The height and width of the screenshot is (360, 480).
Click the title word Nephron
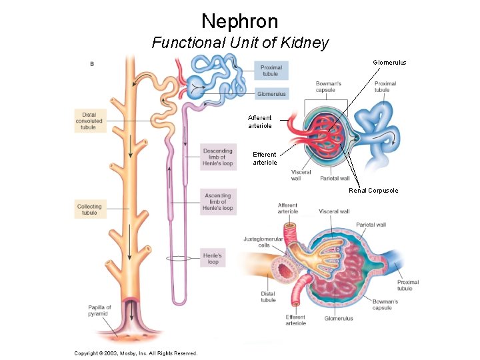(x=239, y=21)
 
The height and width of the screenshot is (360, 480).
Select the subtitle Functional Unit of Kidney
(x=240, y=43)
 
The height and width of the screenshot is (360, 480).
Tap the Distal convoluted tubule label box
(x=89, y=121)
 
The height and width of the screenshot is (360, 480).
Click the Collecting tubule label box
(x=89, y=209)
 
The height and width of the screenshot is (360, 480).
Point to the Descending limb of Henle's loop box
(x=217, y=156)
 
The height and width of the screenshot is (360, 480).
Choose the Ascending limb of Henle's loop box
(x=217, y=202)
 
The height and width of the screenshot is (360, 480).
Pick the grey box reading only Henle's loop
(x=213, y=258)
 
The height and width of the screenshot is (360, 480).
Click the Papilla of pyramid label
(x=99, y=310)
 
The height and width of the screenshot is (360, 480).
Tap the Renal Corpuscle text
(x=373, y=191)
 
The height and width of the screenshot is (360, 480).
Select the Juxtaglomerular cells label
(x=263, y=241)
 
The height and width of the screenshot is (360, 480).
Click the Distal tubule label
(x=268, y=297)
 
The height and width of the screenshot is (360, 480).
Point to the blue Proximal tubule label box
(x=271, y=70)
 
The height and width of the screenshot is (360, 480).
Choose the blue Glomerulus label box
(x=271, y=94)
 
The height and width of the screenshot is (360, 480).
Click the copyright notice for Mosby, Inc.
(x=135, y=353)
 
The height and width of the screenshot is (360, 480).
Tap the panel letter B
(x=91, y=64)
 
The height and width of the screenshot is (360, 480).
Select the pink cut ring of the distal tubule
(x=287, y=273)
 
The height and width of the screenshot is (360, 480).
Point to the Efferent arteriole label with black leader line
(x=265, y=159)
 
